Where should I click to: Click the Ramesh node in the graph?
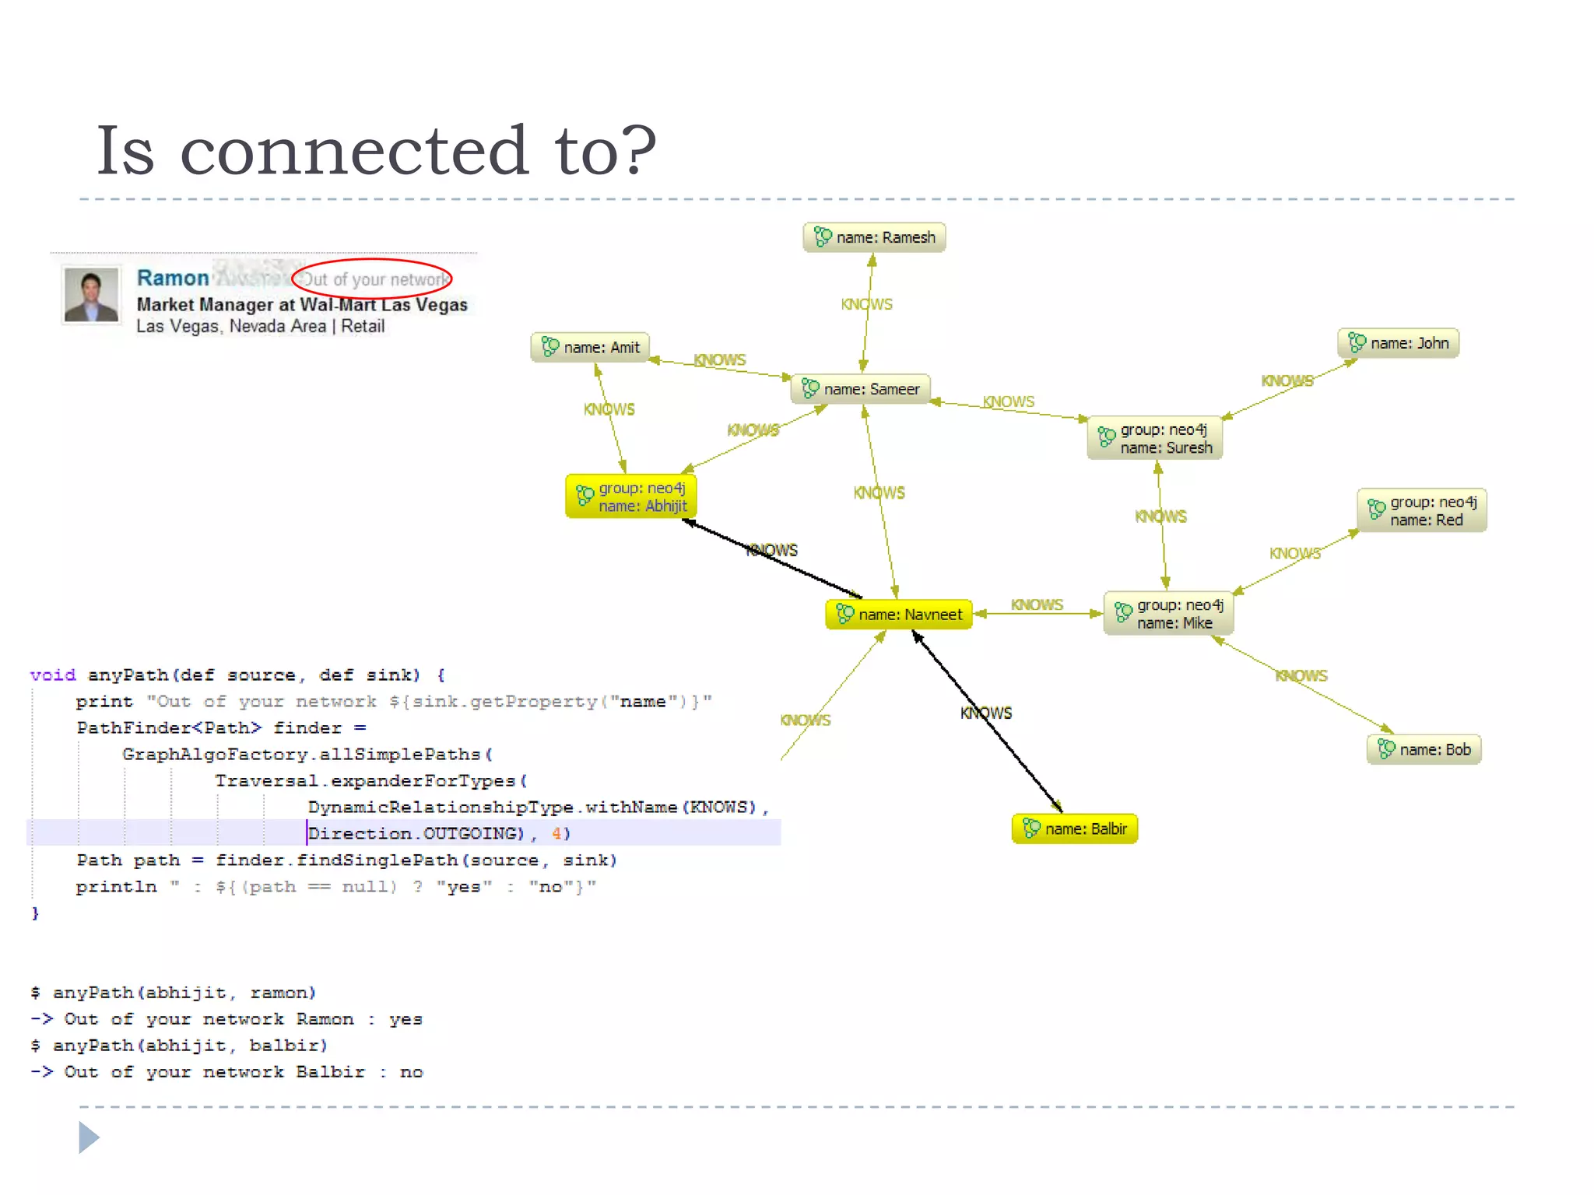click(874, 237)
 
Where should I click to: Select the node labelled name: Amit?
click(590, 347)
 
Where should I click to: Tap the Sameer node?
click(861, 389)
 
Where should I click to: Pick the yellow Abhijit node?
click(631, 497)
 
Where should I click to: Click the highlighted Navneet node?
click(899, 615)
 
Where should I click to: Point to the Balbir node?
click(1075, 829)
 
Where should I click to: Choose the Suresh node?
click(1155, 439)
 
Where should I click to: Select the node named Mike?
click(1168, 614)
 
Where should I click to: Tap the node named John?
click(1399, 343)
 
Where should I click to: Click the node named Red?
click(1422, 511)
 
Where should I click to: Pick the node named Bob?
click(1424, 749)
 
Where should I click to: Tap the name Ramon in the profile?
click(173, 278)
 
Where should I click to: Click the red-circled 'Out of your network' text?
click(374, 279)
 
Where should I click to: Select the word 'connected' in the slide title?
click(353, 151)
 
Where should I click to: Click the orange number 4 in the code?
click(556, 834)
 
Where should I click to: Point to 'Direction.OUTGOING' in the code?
click(416, 834)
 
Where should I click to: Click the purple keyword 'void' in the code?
click(53, 675)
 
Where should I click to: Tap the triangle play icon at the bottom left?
click(89, 1137)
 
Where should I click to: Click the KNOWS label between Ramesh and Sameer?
click(866, 304)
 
